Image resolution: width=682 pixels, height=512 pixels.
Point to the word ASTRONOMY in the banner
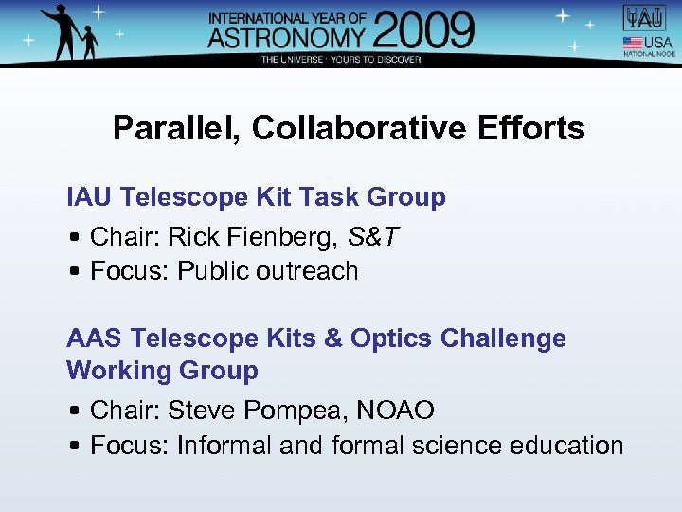tap(287, 37)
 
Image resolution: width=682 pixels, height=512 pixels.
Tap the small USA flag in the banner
tap(631, 43)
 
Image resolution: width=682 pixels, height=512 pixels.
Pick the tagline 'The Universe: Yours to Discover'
tap(341, 59)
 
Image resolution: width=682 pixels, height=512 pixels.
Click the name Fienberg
tap(293, 237)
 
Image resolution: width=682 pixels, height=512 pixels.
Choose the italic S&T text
tap(373, 237)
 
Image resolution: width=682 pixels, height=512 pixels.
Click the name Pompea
tap(289, 411)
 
